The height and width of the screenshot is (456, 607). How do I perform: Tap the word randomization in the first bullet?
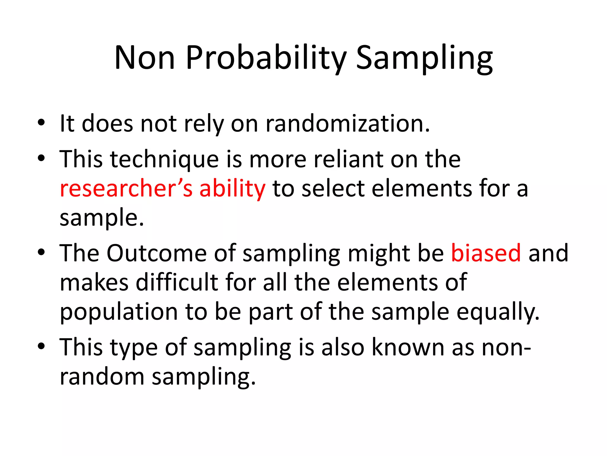(x=347, y=123)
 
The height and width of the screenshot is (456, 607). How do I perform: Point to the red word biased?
(x=486, y=253)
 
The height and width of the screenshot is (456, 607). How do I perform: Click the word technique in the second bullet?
(x=164, y=160)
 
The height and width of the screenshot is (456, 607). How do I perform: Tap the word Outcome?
(x=156, y=253)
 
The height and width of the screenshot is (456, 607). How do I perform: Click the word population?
(x=119, y=312)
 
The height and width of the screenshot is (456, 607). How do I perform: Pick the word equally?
(x=498, y=312)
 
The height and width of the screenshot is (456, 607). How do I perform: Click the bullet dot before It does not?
(x=41, y=122)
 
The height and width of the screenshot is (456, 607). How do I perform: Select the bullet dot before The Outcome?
(x=41, y=252)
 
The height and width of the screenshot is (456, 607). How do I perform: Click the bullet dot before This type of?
(x=41, y=346)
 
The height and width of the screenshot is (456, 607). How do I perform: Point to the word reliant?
(x=348, y=159)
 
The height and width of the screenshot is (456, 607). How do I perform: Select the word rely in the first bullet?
(x=204, y=124)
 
